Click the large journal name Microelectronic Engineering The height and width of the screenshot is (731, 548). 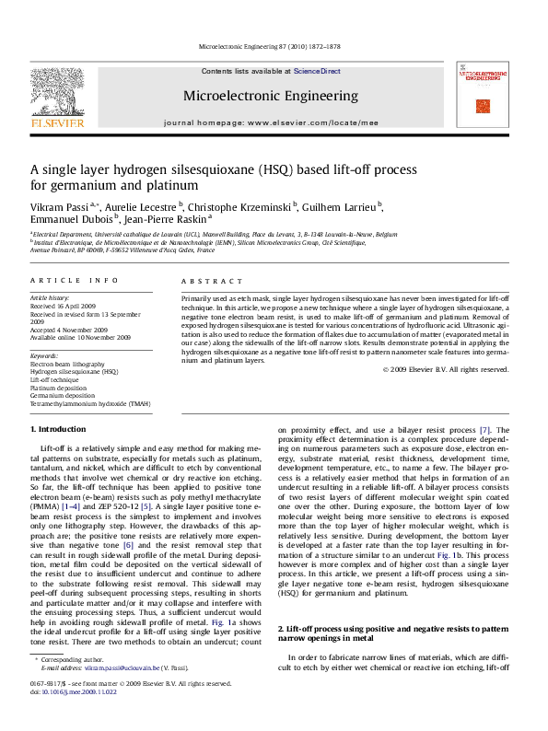tap(271, 96)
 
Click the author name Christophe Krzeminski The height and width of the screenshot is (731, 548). tap(248, 206)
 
